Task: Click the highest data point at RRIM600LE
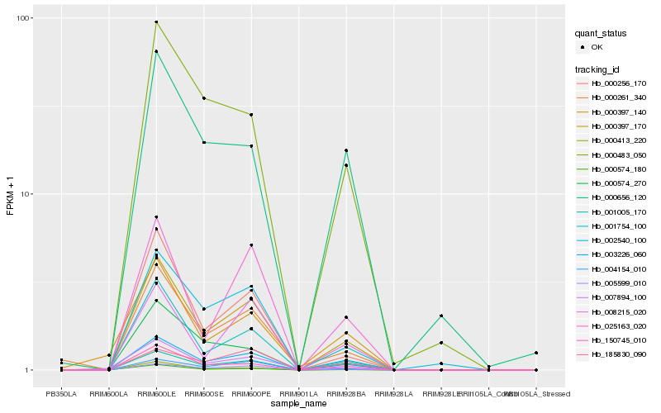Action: click(x=156, y=22)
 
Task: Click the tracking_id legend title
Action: click(x=599, y=69)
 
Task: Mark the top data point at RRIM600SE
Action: click(x=204, y=98)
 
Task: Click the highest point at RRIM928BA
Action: click(x=346, y=150)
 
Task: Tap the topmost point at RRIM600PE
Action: click(x=251, y=115)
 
